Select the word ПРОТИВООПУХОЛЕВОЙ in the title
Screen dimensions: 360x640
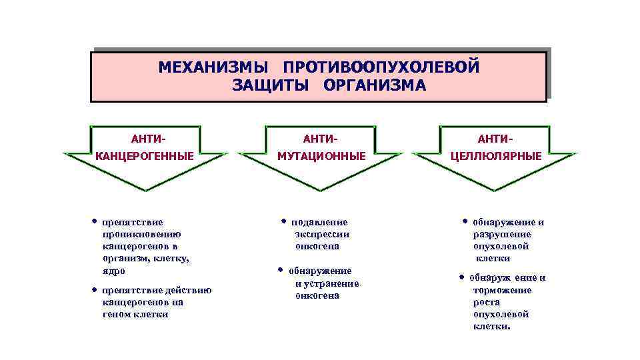coord(381,68)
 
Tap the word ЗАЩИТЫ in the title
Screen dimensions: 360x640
coord(271,85)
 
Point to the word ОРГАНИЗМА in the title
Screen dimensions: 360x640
coord(374,85)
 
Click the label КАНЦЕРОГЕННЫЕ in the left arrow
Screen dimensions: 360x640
coord(145,156)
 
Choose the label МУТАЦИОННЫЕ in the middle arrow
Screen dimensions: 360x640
coord(322,156)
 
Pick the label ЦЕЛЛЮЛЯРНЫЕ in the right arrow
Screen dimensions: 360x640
coord(496,156)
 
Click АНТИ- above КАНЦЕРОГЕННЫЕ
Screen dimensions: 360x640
coord(149,139)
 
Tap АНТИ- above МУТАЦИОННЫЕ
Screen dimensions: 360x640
coord(321,139)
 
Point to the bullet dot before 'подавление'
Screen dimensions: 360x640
coord(283,221)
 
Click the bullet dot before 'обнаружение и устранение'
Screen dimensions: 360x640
coord(279,270)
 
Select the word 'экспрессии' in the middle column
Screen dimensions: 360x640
coord(323,234)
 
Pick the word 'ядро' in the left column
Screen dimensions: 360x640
coord(114,271)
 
